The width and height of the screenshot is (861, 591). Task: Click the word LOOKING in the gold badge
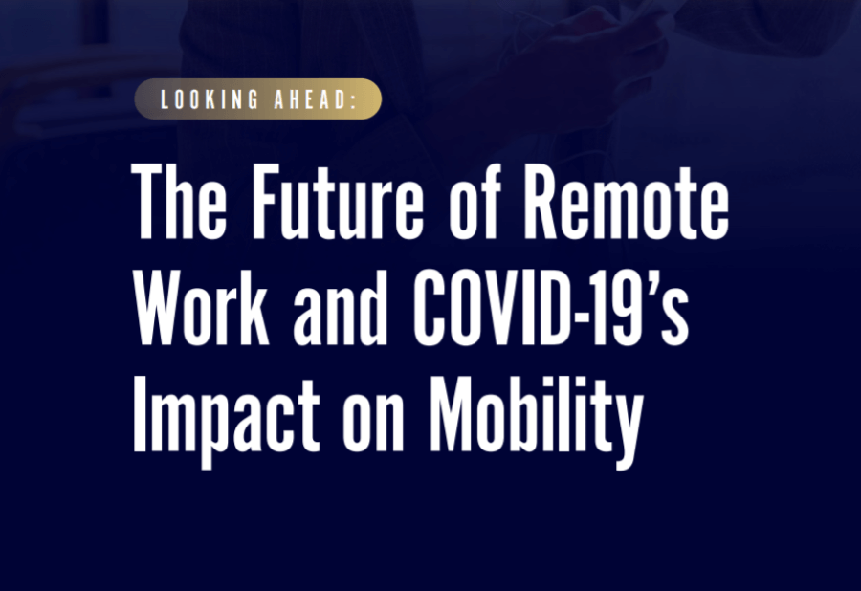click(x=210, y=99)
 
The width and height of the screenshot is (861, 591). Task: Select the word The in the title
click(x=179, y=201)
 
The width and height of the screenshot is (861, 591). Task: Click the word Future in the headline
click(x=338, y=202)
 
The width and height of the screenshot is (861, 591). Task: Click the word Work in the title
click(x=202, y=307)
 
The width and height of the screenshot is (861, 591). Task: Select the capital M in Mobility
click(x=453, y=414)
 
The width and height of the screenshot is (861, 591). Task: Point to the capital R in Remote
click(x=543, y=202)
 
